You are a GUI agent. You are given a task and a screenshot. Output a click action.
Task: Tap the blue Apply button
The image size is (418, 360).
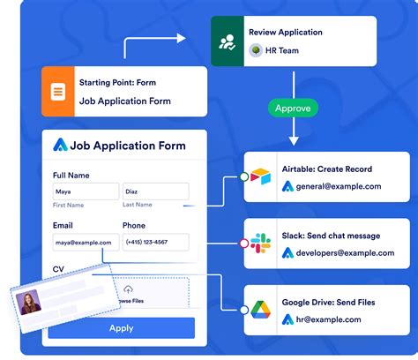click(121, 327)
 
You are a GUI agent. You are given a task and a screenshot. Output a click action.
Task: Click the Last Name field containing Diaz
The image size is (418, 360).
click(156, 191)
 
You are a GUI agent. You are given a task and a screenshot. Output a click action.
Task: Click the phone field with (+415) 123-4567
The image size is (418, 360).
click(156, 242)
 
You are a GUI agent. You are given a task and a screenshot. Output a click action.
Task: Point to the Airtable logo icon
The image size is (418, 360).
click(261, 177)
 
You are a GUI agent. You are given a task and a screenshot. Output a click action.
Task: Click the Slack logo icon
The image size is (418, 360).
click(261, 244)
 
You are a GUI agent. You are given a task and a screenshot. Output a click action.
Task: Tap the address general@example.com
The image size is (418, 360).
click(340, 186)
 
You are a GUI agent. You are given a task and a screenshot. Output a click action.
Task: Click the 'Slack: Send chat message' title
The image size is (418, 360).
click(331, 236)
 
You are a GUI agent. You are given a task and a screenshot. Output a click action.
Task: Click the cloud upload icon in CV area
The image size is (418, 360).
click(128, 289)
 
